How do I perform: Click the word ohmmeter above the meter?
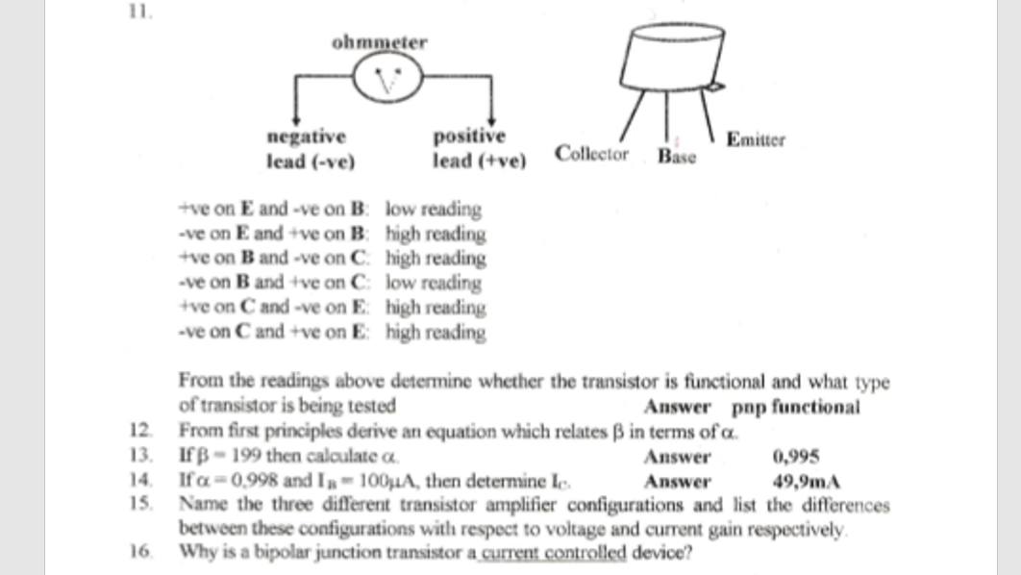(x=379, y=42)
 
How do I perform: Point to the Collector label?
(x=591, y=154)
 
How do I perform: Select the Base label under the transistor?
(x=677, y=157)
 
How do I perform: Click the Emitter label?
(x=756, y=139)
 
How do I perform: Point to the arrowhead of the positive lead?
(x=491, y=118)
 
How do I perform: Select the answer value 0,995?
(x=795, y=457)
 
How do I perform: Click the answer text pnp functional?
(x=796, y=407)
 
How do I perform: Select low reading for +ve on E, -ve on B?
(x=434, y=209)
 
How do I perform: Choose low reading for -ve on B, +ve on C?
(x=434, y=284)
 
